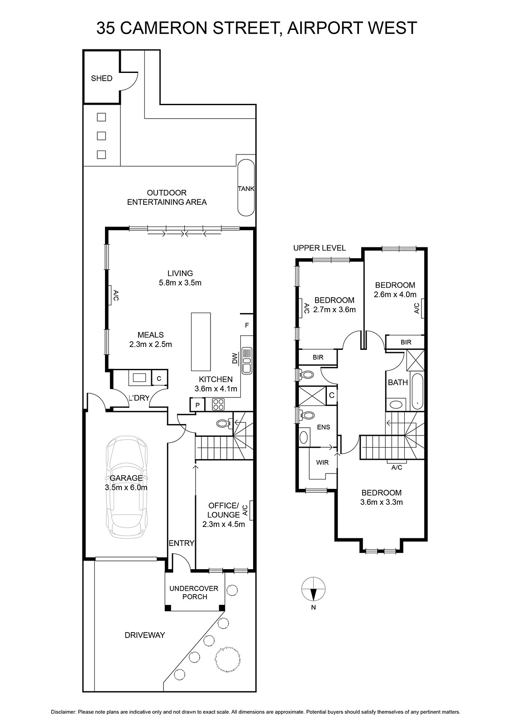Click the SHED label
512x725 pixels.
click(101, 78)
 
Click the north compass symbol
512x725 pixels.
click(313, 590)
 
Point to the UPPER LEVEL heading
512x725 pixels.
click(319, 248)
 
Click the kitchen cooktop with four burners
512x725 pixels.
click(218, 404)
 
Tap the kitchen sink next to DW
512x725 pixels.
click(247, 360)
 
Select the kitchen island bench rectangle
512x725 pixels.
click(201, 342)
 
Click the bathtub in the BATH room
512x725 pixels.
click(417, 392)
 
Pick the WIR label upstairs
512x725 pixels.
click(322, 463)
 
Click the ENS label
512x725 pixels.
click(323, 427)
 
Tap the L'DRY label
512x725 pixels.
click(139, 398)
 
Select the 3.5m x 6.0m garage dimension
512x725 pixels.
click(126, 488)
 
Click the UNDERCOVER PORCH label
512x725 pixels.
click(194, 592)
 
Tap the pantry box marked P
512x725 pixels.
click(197, 405)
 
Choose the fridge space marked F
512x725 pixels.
click(247, 325)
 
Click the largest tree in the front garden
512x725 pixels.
click(228, 659)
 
